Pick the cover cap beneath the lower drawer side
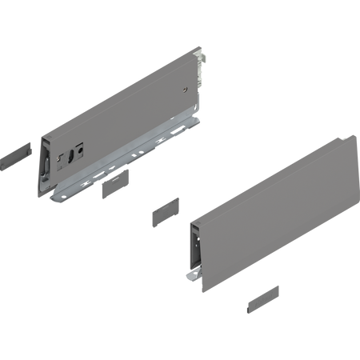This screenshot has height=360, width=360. [259, 302]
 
